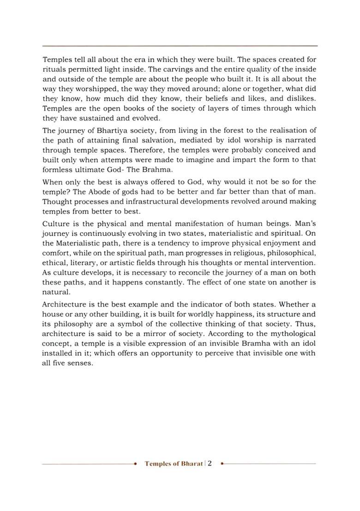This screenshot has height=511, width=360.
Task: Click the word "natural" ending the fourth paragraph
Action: click(55, 292)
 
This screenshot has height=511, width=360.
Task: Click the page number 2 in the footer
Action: click(210, 463)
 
